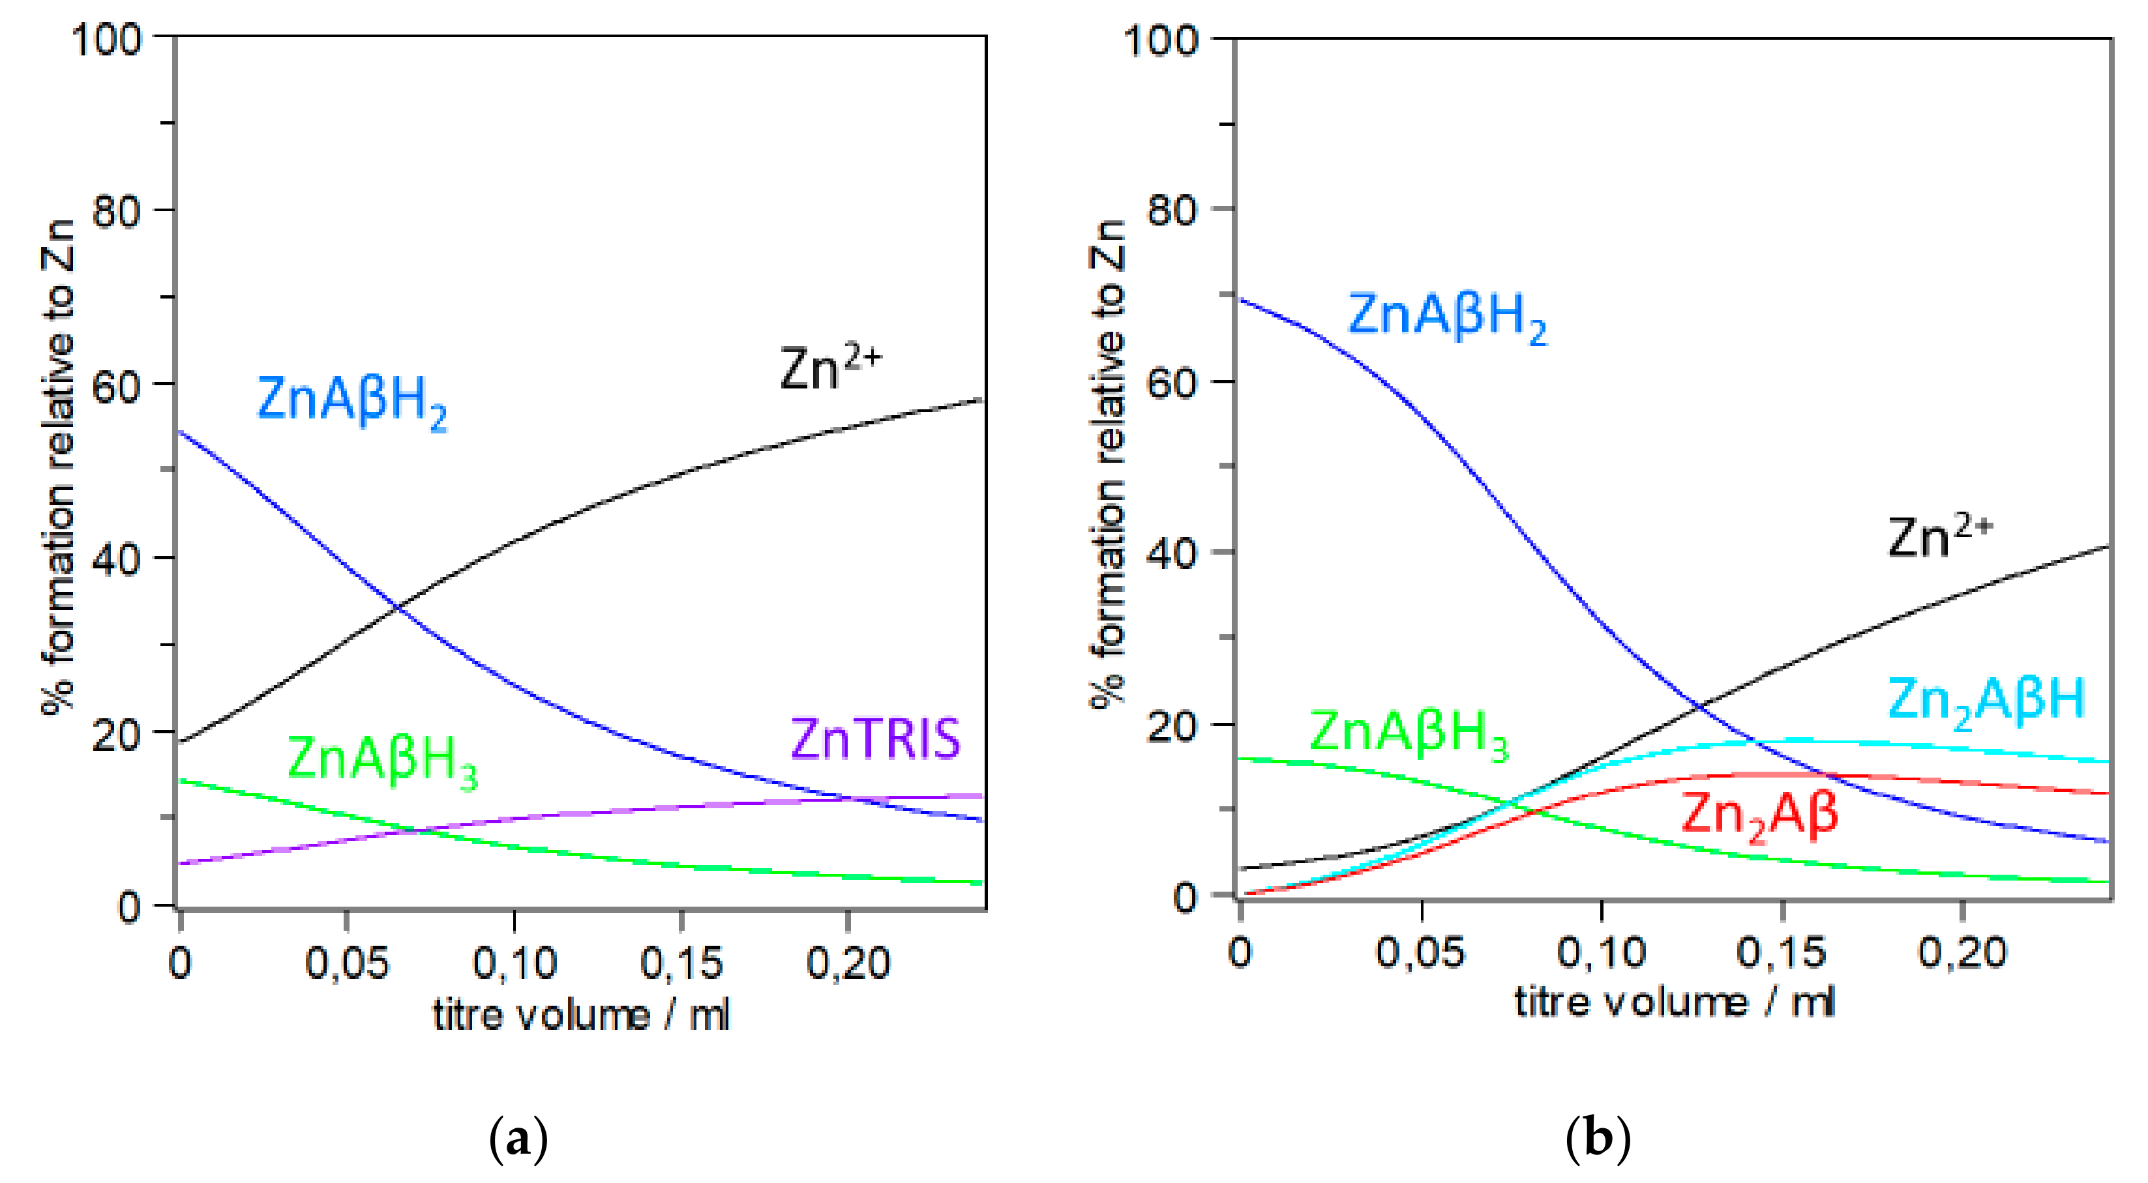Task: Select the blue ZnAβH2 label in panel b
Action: tap(1447, 317)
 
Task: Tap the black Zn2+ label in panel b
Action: tap(1939, 537)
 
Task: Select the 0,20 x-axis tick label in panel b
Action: tap(1962, 952)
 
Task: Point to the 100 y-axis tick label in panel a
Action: tap(107, 38)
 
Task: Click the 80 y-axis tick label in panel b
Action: tap(1172, 210)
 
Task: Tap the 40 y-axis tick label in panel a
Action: tap(115, 559)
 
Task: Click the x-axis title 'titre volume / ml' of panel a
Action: tap(581, 1015)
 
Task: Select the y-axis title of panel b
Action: tap(1107, 463)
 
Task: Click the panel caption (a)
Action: tap(518, 1139)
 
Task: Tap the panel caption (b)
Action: tap(1597, 1139)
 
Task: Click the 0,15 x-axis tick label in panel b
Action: tap(1781, 952)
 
